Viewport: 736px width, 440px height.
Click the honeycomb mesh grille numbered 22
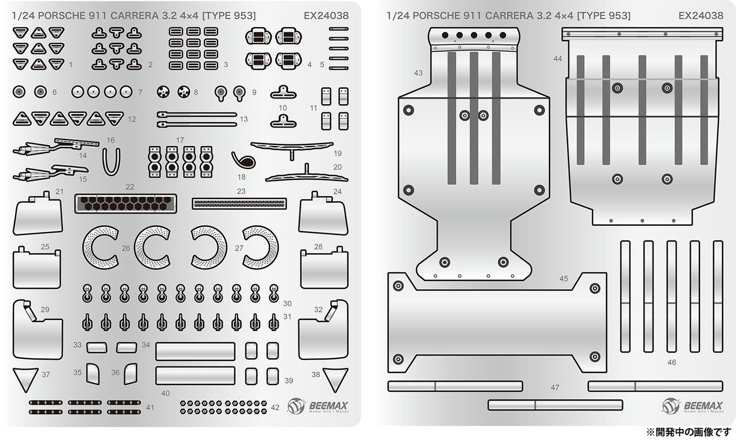click(125, 204)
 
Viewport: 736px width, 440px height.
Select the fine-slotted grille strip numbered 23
click(239, 204)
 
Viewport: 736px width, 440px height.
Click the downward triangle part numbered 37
click(25, 378)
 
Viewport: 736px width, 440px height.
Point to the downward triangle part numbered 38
click(335, 378)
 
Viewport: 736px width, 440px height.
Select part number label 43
click(418, 73)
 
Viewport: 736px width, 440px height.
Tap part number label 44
click(557, 59)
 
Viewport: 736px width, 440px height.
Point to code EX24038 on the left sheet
click(326, 15)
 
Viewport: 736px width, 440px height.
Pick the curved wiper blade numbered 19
click(292, 147)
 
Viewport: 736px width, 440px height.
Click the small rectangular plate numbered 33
click(97, 348)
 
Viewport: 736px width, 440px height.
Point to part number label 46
click(671, 362)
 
